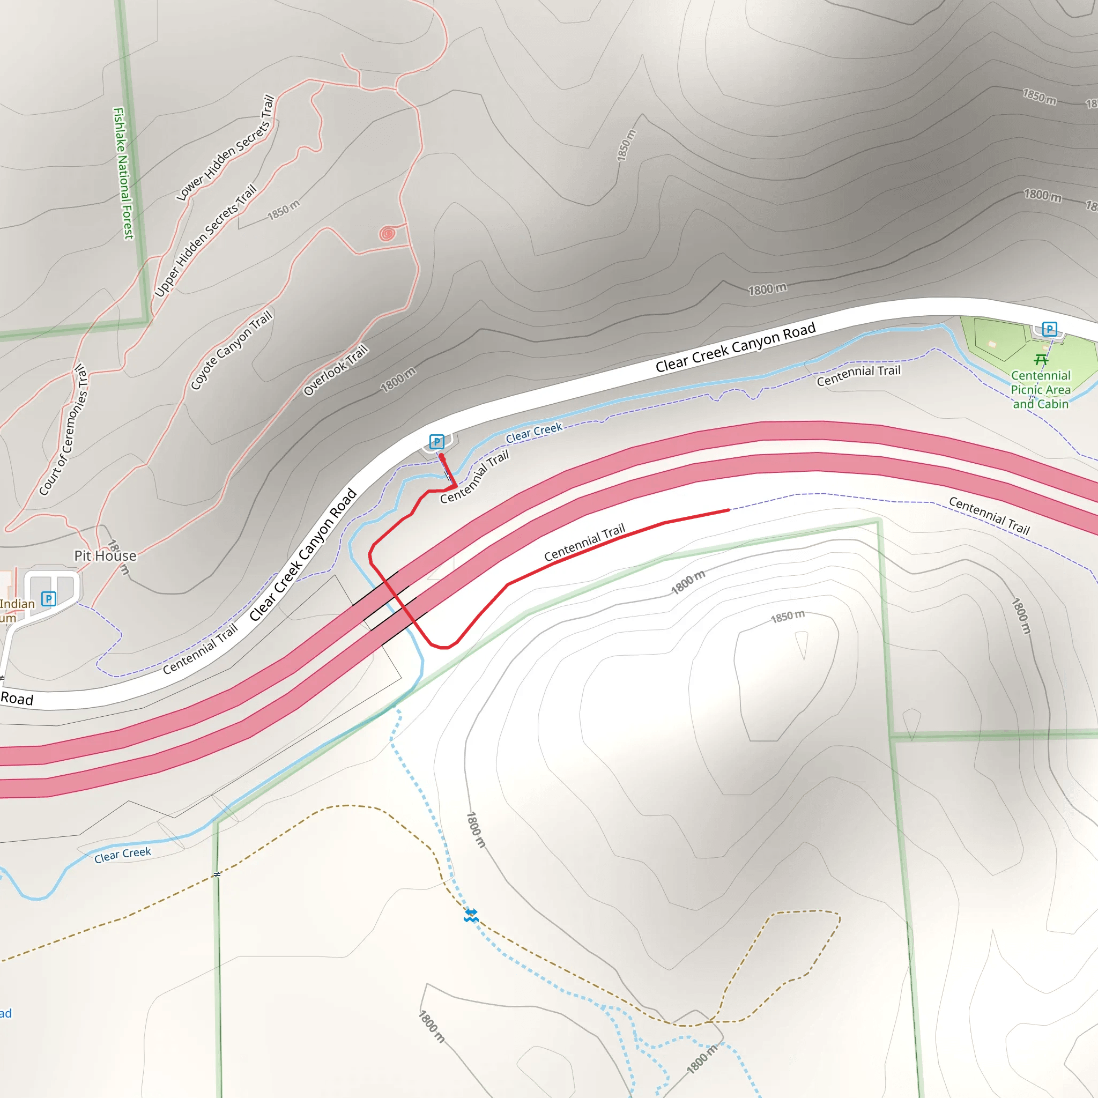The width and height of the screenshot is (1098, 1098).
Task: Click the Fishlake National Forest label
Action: coord(123,173)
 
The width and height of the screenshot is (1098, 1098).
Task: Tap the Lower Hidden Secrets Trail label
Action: coord(226,149)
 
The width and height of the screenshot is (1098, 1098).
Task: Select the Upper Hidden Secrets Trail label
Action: coord(205,240)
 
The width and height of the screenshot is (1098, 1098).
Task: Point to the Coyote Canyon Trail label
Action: coord(231,350)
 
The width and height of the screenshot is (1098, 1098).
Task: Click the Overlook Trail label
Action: coord(335,370)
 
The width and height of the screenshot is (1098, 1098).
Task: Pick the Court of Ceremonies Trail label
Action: coord(64,429)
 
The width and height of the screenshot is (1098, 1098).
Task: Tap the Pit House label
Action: coord(105,556)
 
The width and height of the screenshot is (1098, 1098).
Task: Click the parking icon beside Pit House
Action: coord(49,598)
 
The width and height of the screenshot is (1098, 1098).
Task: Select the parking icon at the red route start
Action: coord(436,442)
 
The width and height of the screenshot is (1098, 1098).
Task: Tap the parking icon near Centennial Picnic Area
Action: coord(1049,329)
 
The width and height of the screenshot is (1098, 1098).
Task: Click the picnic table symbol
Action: coord(1041,360)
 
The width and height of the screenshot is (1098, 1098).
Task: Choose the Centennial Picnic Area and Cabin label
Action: coord(1041,390)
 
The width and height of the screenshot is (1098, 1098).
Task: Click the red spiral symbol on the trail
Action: coord(387,233)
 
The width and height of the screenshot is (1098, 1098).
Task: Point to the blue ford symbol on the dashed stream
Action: coord(471,915)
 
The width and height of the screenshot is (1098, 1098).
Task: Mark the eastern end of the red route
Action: coord(729,510)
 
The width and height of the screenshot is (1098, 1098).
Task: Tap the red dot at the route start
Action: coord(441,456)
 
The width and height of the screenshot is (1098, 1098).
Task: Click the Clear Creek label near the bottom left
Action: coord(123,854)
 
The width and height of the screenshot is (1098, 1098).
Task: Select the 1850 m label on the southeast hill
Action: coord(787,617)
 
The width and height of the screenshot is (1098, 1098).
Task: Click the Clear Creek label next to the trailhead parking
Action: coord(533,433)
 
